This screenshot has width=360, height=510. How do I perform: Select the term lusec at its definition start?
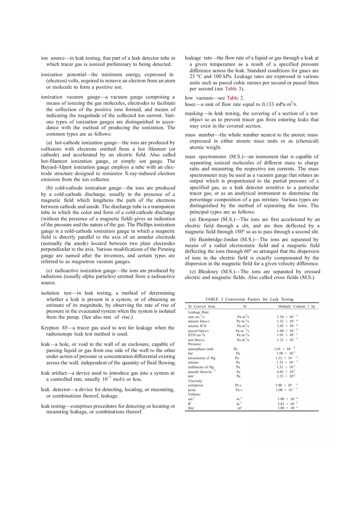(191, 104)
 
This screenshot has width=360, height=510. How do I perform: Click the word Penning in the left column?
(165, 249)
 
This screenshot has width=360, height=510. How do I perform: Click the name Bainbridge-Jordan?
(218, 240)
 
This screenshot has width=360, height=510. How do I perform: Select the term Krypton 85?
(54, 328)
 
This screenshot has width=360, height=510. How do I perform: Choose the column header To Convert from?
(201, 306)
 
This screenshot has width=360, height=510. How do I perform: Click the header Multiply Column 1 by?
(296, 306)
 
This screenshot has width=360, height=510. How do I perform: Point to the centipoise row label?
(196, 385)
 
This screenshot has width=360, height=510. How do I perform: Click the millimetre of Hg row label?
(200, 367)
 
